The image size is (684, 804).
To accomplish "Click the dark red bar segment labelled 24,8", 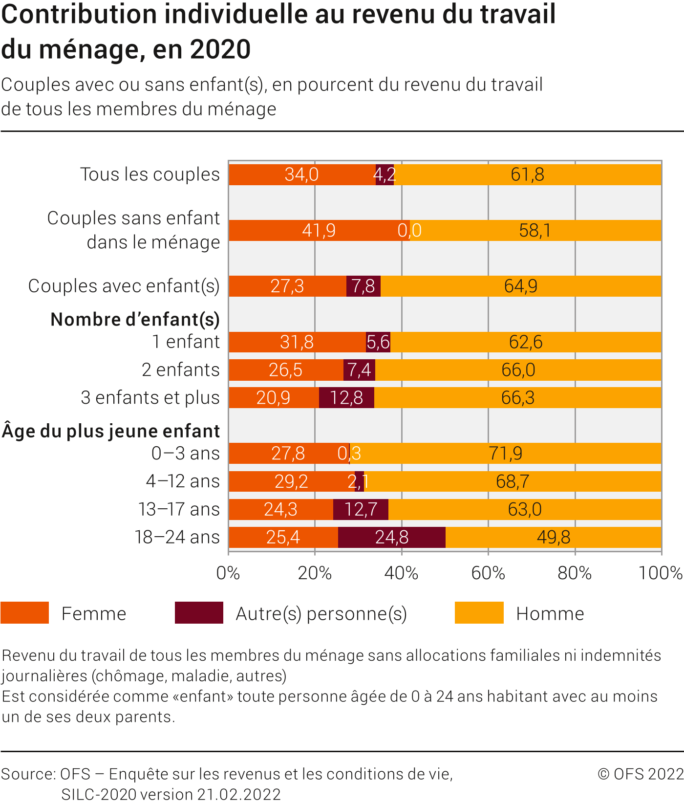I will (x=391, y=537).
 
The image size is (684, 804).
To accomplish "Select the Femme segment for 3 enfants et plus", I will (x=274, y=397).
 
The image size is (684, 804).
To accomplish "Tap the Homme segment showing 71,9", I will (x=506, y=453).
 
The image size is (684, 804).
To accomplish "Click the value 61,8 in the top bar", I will (x=527, y=174).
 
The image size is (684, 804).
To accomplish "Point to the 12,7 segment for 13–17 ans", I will (x=361, y=509).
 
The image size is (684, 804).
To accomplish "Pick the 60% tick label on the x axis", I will (x=488, y=573).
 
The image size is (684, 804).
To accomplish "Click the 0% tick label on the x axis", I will (x=228, y=573).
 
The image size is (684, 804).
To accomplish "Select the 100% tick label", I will (x=660, y=573).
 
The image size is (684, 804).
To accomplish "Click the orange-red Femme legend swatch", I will (x=25, y=613).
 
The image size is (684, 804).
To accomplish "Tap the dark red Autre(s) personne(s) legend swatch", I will (x=199, y=613).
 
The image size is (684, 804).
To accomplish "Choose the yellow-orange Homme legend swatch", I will (x=479, y=613).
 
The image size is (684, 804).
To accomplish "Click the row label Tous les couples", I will (x=150, y=174).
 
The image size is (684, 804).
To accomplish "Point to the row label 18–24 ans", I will (x=177, y=537).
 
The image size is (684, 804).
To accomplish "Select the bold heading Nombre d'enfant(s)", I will (x=135, y=319).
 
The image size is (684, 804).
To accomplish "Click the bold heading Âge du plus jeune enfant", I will (x=111, y=431).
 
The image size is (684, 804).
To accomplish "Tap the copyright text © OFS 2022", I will (x=640, y=774).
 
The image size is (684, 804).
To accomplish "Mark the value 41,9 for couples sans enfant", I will (x=319, y=230).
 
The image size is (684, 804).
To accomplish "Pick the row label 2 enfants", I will (x=181, y=369).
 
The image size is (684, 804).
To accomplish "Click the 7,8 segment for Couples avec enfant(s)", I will (x=363, y=286).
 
